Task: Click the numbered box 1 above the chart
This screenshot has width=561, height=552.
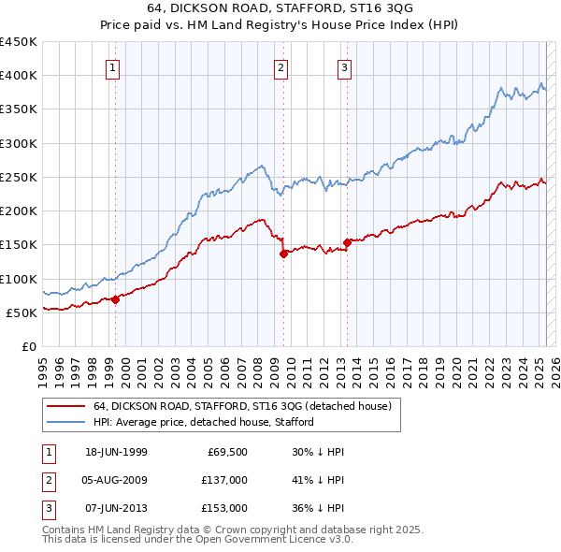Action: coord(112,66)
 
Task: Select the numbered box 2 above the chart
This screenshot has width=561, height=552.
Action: coord(280,66)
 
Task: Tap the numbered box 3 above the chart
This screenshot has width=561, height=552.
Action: coord(344,66)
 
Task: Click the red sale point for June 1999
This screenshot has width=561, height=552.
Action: coord(116,299)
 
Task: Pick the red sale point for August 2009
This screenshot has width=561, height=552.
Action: coord(283,254)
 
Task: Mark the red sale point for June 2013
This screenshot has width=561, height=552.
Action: coord(347,242)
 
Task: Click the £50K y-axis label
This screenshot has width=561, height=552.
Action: coord(21,312)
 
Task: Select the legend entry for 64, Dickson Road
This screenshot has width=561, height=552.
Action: coord(247,405)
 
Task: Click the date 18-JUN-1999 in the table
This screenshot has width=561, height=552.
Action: coord(116,452)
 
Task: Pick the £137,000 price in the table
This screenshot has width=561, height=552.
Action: coord(225,480)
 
